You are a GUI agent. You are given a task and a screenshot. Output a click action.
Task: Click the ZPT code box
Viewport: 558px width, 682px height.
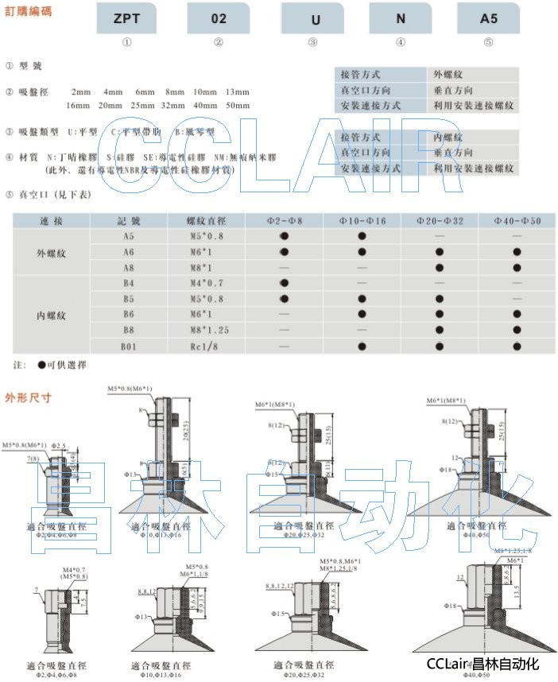tap(127, 17)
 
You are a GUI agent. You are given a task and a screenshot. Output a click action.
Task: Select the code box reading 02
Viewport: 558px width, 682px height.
tap(219, 17)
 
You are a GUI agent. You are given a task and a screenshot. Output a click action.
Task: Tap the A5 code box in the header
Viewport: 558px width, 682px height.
tap(488, 17)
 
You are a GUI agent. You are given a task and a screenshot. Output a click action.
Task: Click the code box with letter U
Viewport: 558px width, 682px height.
tap(313, 17)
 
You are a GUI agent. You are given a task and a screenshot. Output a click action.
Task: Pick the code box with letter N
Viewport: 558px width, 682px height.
tap(401, 17)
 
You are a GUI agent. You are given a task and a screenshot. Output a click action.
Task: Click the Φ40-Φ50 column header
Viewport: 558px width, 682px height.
tap(517, 220)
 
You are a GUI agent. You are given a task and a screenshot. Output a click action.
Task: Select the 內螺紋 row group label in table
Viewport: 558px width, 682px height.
tap(52, 315)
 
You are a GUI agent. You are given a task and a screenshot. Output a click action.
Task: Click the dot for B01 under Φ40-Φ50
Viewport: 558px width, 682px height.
tap(517, 346)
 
